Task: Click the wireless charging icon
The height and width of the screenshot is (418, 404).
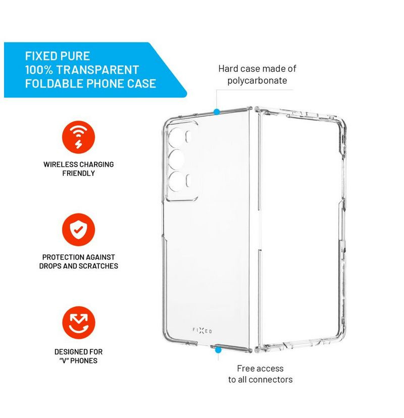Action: click(x=78, y=137)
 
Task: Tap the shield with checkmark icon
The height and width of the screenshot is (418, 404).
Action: click(x=78, y=230)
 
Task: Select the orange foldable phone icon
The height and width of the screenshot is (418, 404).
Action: click(x=78, y=322)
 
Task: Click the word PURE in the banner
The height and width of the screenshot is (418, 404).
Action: click(x=75, y=56)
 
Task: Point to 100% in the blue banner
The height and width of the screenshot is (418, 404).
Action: click(x=39, y=70)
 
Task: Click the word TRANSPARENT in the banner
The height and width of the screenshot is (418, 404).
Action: click(x=97, y=70)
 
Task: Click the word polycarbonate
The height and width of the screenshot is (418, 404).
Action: click(x=257, y=80)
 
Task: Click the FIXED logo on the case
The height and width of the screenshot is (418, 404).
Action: click(x=202, y=331)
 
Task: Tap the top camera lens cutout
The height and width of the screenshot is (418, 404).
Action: click(x=176, y=136)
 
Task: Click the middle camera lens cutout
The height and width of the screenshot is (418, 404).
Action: click(x=176, y=159)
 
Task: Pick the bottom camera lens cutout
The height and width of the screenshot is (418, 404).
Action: click(x=176, y=181)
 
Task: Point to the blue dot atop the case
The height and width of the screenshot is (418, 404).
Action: click(x=217, y=112)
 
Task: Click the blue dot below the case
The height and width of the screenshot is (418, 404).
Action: click(x=218, y=350)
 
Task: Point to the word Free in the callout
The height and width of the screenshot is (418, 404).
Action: click(x=245, y=369)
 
